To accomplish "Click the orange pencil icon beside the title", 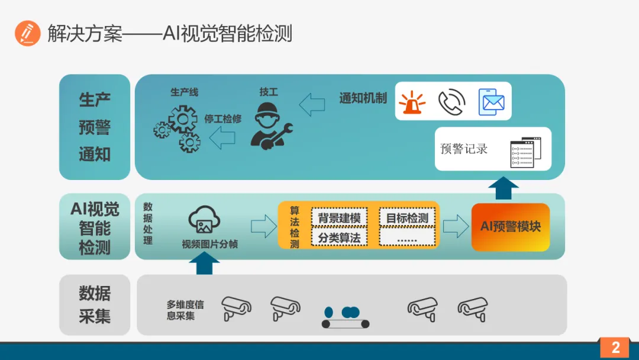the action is pyautogui.click(x=27, y=33).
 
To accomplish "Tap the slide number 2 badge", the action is pyautogui.click(x=615, y=348).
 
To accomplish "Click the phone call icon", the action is pyautogui.click(x=451, y=102).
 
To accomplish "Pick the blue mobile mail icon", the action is pyautogui.click(x=491, y=102).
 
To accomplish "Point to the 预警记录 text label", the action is pyautogui.click(x=464, y=149).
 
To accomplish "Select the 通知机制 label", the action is pyautogui.click(x=363, y=98).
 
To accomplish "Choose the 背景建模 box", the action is pyautogui.click(x=339, y=218).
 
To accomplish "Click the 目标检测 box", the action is pyautogui.click(x=407, y=218).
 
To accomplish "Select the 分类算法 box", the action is pyautogui.click(x=339, y=238).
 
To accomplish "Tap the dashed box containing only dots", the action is pyautogui.click(x=407, y=238).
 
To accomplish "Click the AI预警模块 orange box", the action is pyautogui.click(x=511, y=227).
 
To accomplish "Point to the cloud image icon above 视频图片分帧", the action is pyautogui.click(x=204, y=221).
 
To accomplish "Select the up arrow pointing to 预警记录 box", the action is pyautogui.click(x=504, y=188).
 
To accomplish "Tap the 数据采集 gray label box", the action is pyautogui.click(x=95, y=304).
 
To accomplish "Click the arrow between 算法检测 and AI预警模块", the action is pyautogui.click(x=456, y=226).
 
